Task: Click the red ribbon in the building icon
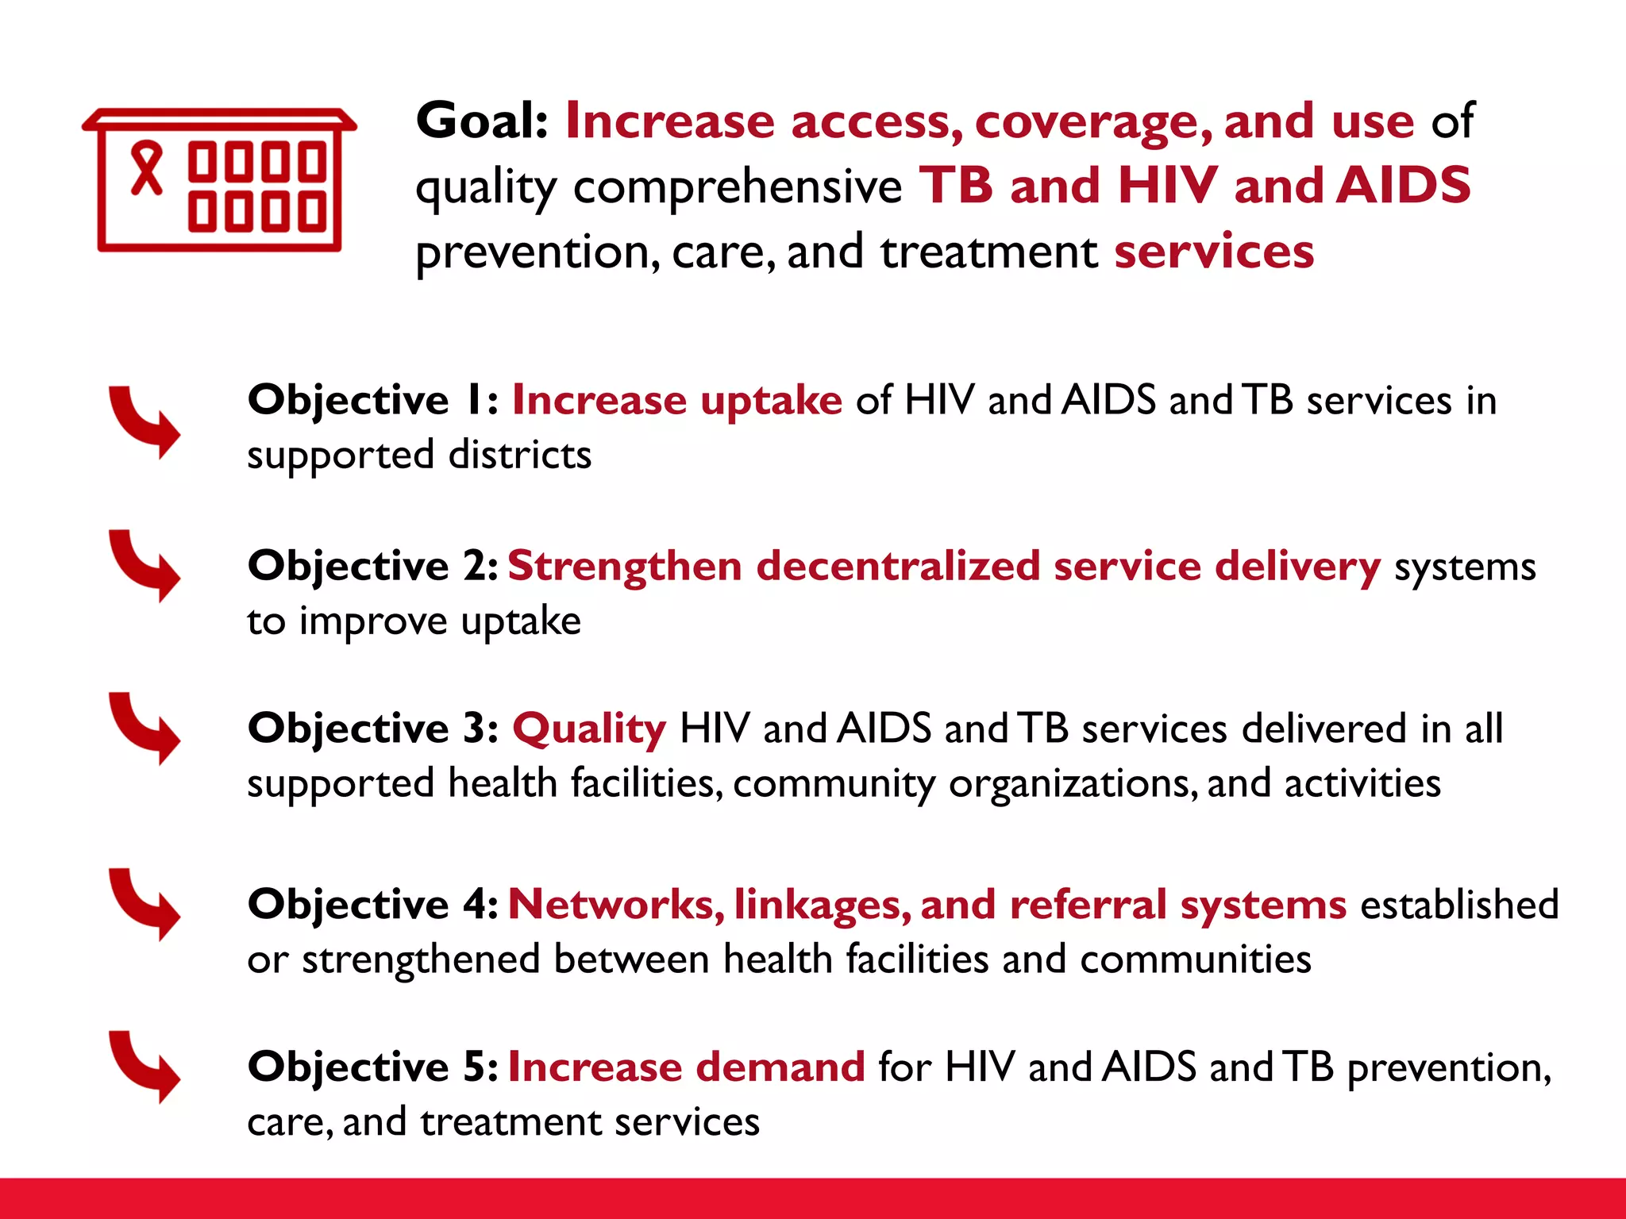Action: click(146, 168)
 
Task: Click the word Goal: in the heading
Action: click(482, 121)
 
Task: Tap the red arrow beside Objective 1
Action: click(146, 421)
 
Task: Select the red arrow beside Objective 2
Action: click(146, 564)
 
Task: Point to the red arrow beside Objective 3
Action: click(146, 727)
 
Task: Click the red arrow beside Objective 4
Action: click(146, 903)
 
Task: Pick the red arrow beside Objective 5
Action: click(146, 1065)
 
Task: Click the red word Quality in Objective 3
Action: click(589, 729)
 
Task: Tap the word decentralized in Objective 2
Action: click(897, 566)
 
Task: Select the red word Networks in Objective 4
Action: click(615, 904)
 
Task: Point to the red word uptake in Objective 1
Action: click(770, 400)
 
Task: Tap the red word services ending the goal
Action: click(1214, 252)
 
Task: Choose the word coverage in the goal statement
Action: click(1092, 121)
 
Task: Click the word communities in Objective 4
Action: click(1196, 959)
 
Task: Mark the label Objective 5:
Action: click(372, 1066)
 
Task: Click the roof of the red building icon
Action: click(219, 119)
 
